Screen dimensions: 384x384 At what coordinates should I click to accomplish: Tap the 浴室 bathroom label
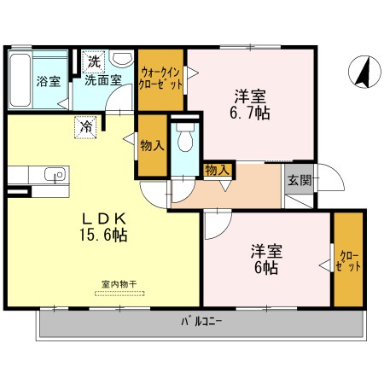coord(48,83)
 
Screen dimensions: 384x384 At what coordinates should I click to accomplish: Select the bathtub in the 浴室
coord(20,82)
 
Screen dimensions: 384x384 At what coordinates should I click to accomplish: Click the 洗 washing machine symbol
coord(93,61)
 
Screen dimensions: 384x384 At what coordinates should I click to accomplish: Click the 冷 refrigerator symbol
coord(86,125)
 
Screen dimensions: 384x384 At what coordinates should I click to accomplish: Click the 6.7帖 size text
coord(249,112)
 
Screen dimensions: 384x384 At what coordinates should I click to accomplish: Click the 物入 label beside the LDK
coord(152,145)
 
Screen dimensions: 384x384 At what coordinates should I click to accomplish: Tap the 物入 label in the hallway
coord(218,170)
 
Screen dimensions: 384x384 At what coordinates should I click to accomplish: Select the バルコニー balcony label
coord(201,322)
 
